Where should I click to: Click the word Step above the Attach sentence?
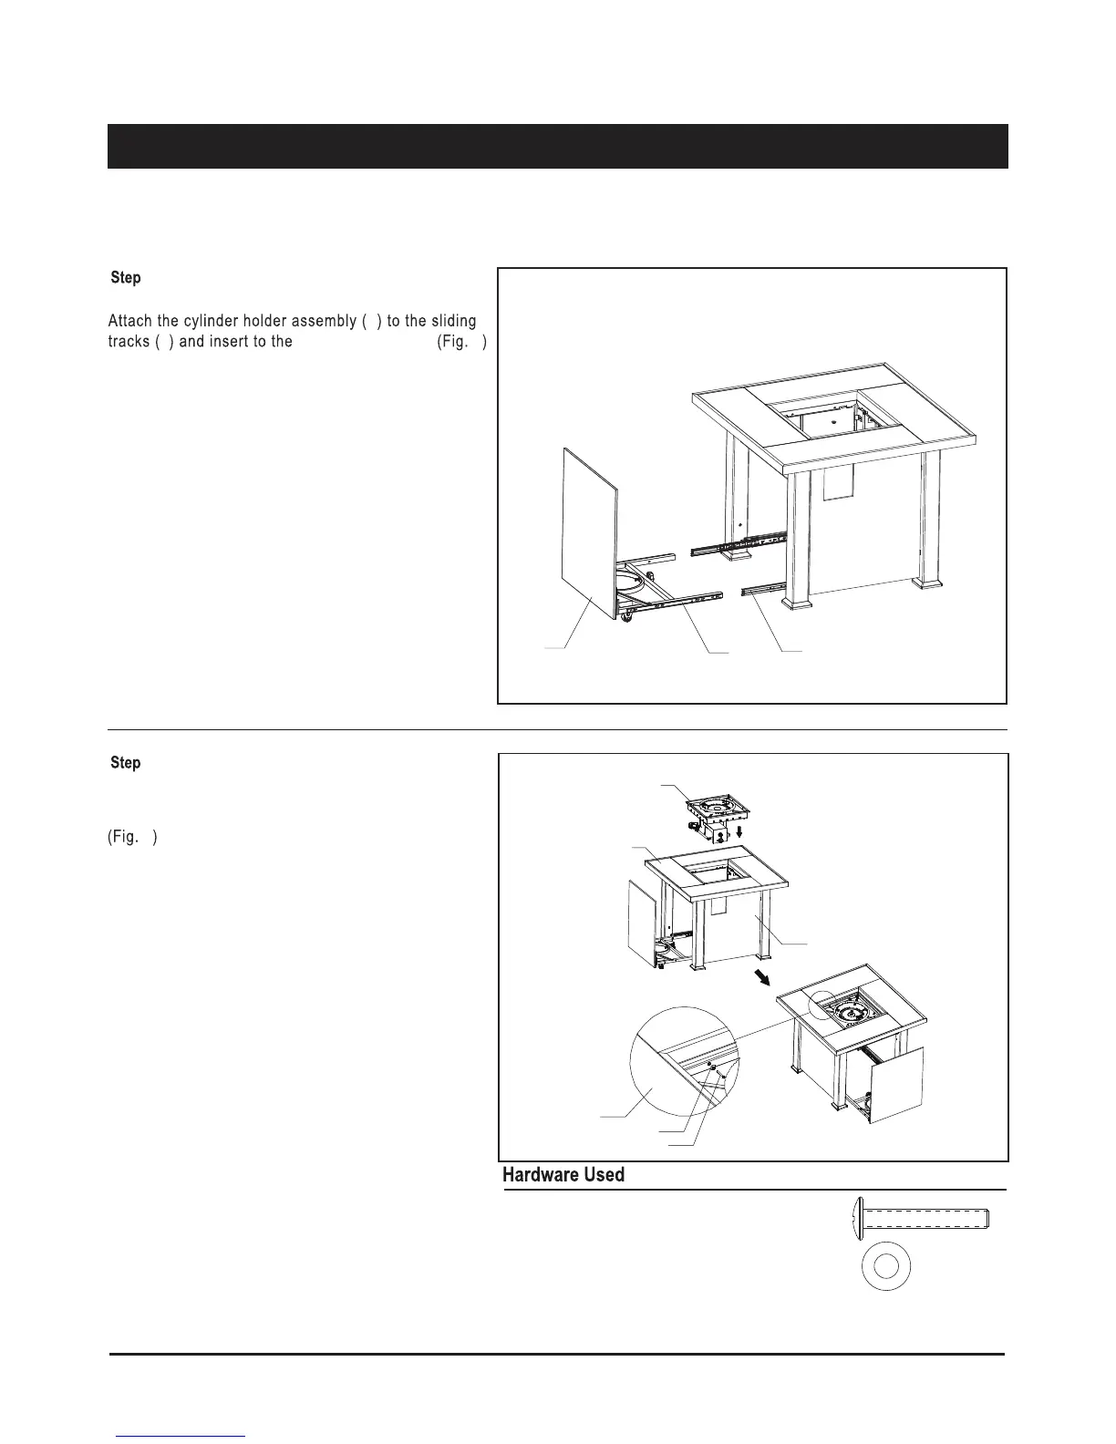(x=126, y=277)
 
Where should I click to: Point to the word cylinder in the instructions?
(x=212, y=321)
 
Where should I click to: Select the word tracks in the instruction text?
(x=129, y=342)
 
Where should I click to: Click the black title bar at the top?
(x=557, y=146)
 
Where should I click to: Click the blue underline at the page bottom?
(x=181, y=1436)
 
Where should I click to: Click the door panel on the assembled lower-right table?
(x=896, y=1086)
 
